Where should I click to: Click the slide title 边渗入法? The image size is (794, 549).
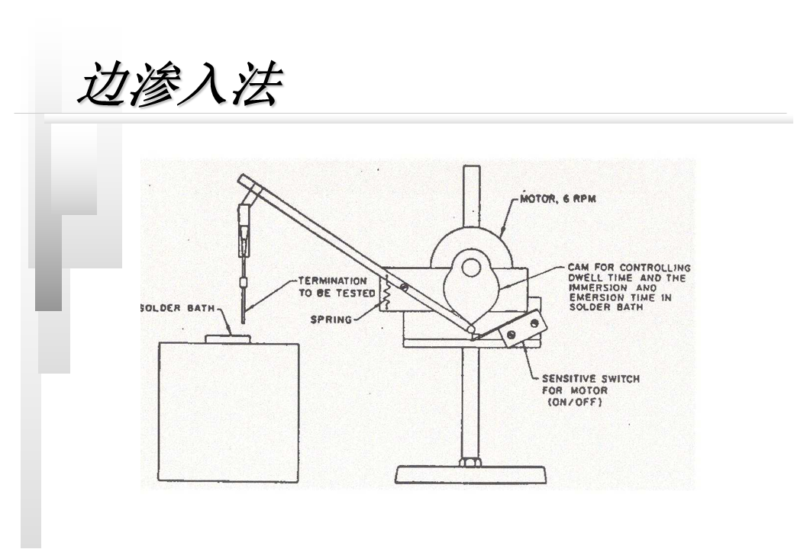pyautogui.click(x=180, y=83)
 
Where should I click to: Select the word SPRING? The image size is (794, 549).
pyautogui.click(x=331, y=319)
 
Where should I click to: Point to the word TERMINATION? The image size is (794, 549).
pyautogui.click(x=332, y=281)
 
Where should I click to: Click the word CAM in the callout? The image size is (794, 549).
pyautogui.click(x=577, y=268)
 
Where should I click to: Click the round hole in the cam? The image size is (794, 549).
pyautogui.click(x=470, y=268)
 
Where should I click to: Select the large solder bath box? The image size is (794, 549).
pyautogui.click(x=228, y=412)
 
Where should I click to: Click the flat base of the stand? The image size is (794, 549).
pyautogui.click(x=470, y=475)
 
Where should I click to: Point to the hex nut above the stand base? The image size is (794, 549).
pyautogui.click(x=470, y=461)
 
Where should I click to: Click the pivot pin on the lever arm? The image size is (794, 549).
pyautogui.click(x=404, y=287)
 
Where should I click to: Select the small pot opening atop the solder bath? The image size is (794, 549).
pyautogui.click(x=228, y=338)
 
